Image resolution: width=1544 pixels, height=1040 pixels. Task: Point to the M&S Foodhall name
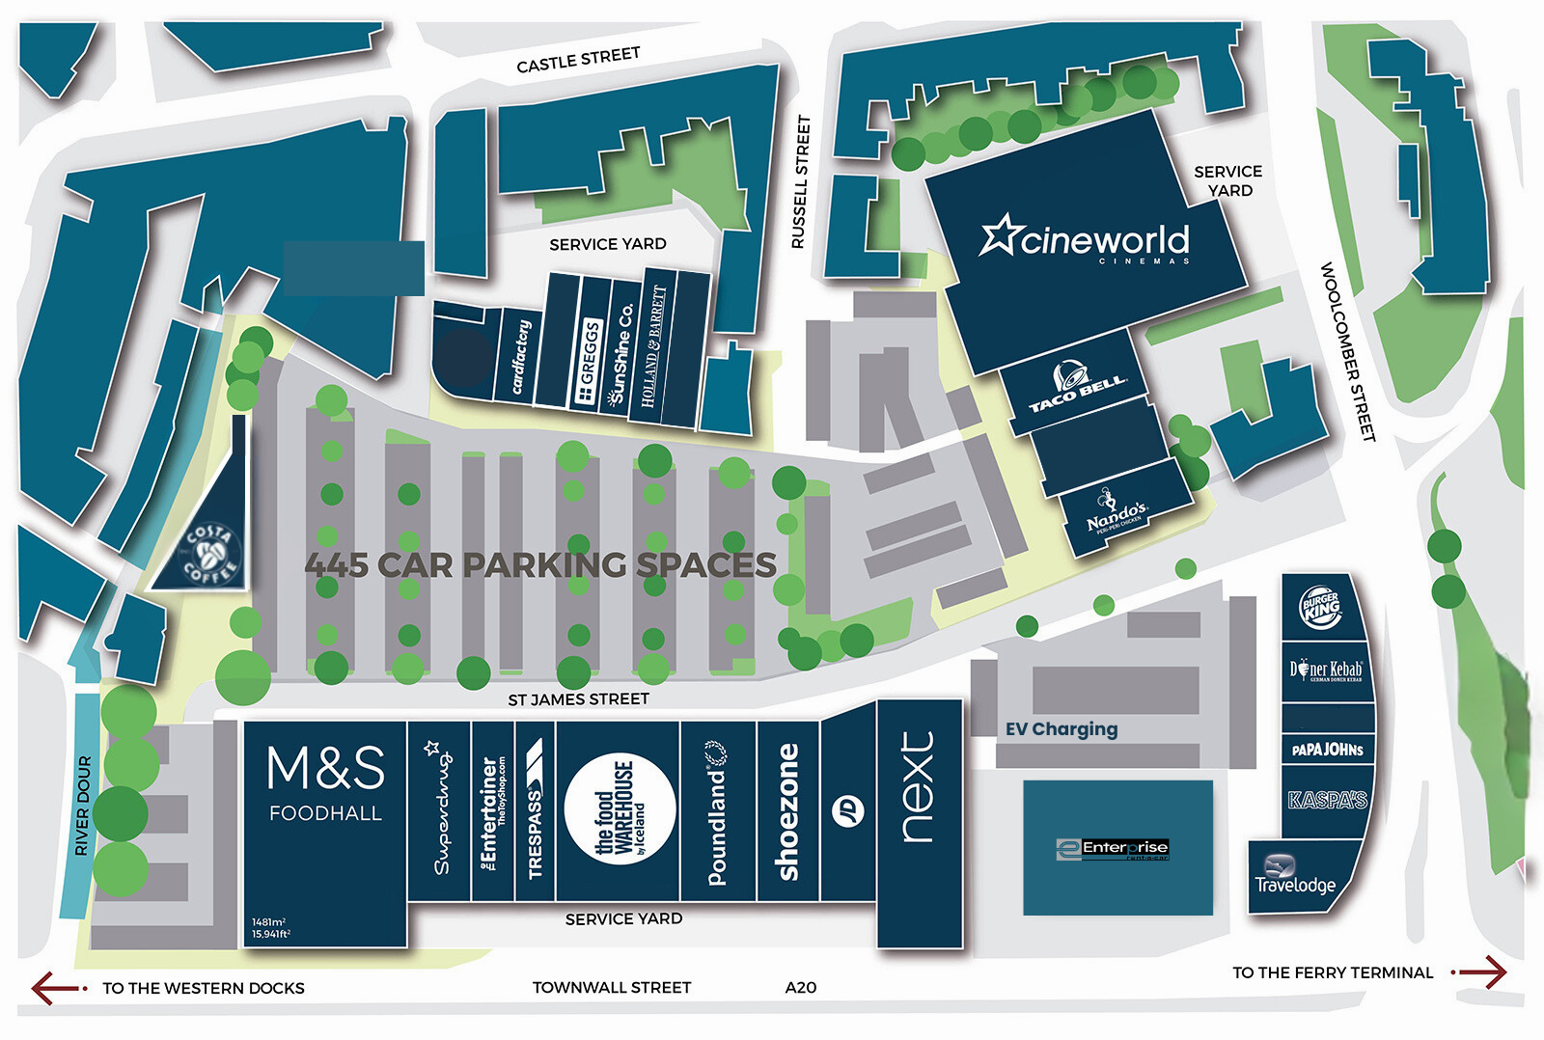coord(325,782)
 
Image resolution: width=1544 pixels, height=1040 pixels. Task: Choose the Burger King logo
coord(1320,608)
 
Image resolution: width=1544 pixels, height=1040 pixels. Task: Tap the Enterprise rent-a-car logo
coord(1113,849)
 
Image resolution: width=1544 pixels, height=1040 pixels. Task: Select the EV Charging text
coord(1061,729)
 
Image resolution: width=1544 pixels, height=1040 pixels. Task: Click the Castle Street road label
coord(578,61)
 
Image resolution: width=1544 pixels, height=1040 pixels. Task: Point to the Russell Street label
coord(800,182)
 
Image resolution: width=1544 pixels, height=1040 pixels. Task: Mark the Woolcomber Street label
coord(1346,352)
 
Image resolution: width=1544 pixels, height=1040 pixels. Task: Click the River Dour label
coord(83,806)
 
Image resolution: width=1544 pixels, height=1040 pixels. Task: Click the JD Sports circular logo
coord(848,811)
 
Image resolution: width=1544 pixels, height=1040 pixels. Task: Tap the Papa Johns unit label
coord(1327,750)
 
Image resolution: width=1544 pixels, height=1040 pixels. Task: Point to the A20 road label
coord(800,987)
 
